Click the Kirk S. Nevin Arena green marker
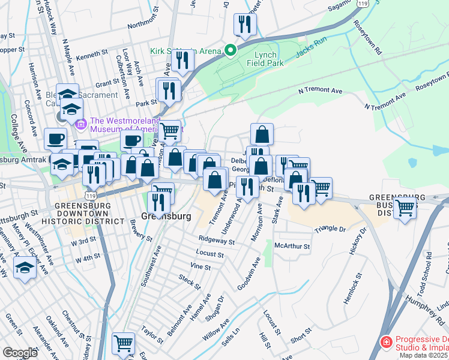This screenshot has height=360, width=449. pyautogui.click(x=229, y=50)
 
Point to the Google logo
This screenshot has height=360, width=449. pyautogui.click(x=20, y=353)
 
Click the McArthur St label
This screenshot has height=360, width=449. pyautogui.click(x=292, y=246)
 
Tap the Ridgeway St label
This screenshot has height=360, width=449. pyautogui.click(x=217, y=240)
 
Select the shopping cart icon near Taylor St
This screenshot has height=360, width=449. pyautogui.click(x=123, y=343)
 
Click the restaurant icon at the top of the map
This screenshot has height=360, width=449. pyautogui.click(x=244, y=23)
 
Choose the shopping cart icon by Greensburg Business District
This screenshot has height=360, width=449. pyautogui.click(x=405, y=208)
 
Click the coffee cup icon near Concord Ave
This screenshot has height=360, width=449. pyautogui.click(x=55, y=138)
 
